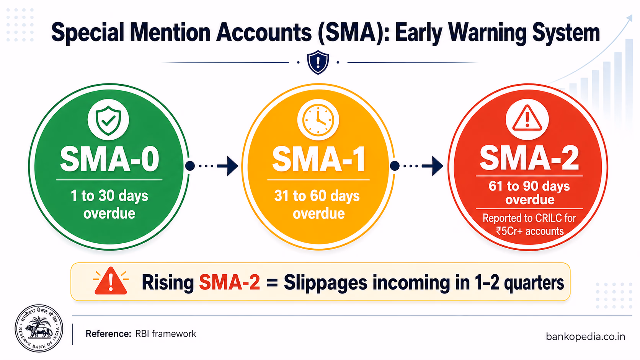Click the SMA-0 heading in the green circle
coord(109,159)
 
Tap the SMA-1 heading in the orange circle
coord(319,159)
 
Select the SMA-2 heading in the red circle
coord(529,158)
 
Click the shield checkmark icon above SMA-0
coord(108,120)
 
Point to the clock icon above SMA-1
coord(318,120)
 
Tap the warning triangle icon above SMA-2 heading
coord(527,118)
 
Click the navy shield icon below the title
coord(318,62)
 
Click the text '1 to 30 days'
coord(109,196)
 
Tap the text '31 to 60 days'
coord(317,196)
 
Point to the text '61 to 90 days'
coord(529,186)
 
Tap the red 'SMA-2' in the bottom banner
coord(229,282)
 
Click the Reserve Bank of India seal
coord(39,328)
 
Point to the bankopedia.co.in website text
coord(585,337)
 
